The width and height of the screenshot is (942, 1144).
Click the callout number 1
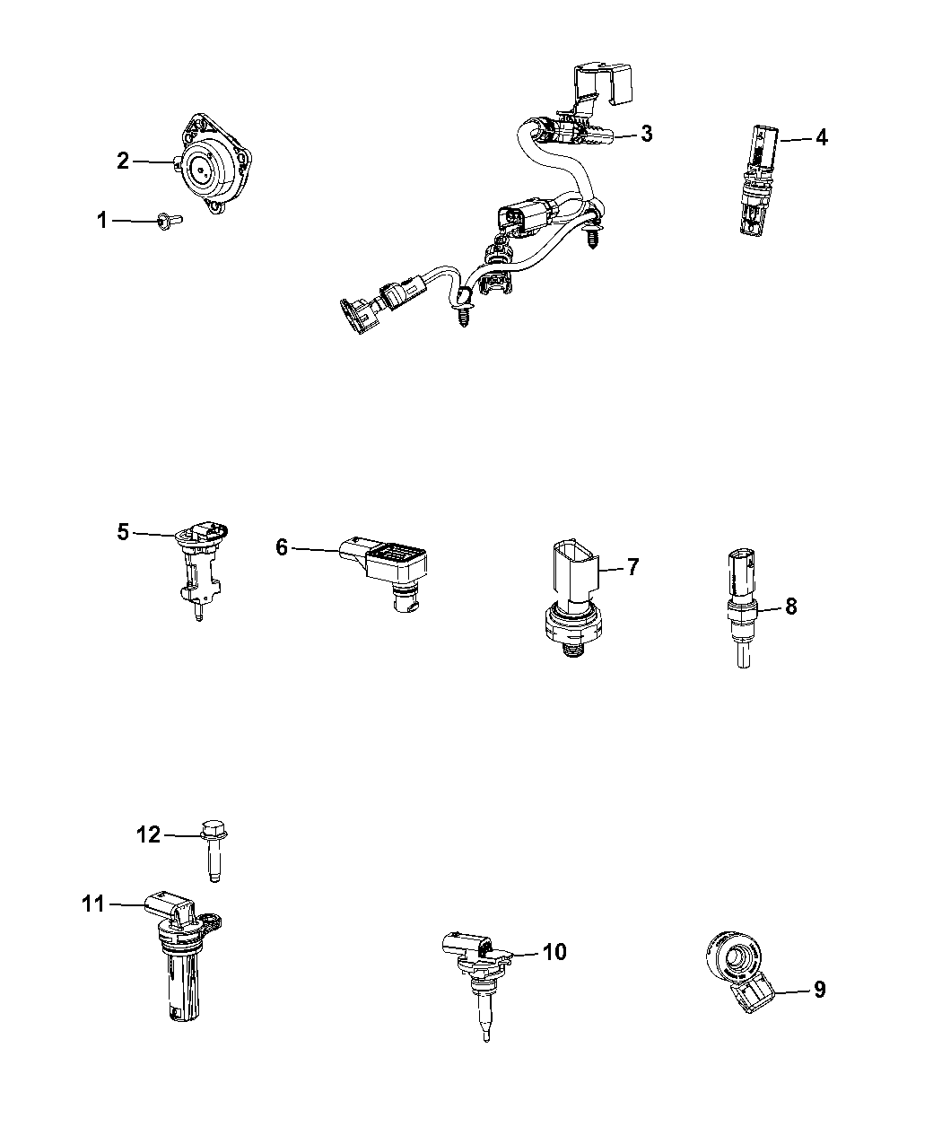click(101, 220)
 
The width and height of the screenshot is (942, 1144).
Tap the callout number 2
click(123, 161)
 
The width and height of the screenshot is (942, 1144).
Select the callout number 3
click(647, 134)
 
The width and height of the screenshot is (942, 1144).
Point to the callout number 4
click(821, 138)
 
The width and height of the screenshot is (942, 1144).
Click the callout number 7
click(632, 567)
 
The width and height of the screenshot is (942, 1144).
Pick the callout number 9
click(820, 990)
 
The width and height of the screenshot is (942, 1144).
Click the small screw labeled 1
click(170, 220)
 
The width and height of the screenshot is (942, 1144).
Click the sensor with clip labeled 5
click(199, 569)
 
